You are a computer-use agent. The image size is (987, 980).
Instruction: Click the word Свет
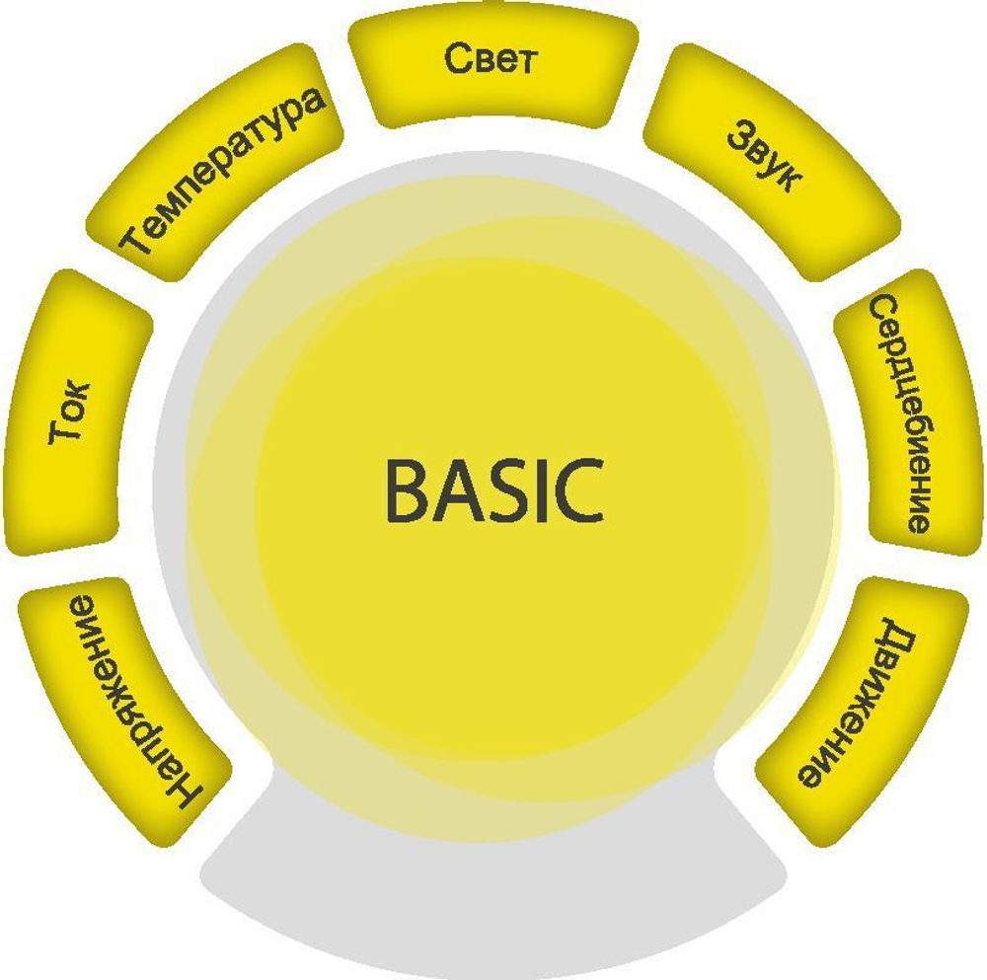(490, 60)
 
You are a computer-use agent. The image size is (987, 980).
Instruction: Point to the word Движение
(858, 704)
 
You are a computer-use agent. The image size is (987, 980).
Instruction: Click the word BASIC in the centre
(493, 490)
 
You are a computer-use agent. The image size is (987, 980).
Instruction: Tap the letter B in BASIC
(406, 490)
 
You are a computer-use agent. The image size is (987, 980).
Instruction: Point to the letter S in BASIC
(501, 490)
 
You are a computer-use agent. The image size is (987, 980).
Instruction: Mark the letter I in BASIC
(538, 490)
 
